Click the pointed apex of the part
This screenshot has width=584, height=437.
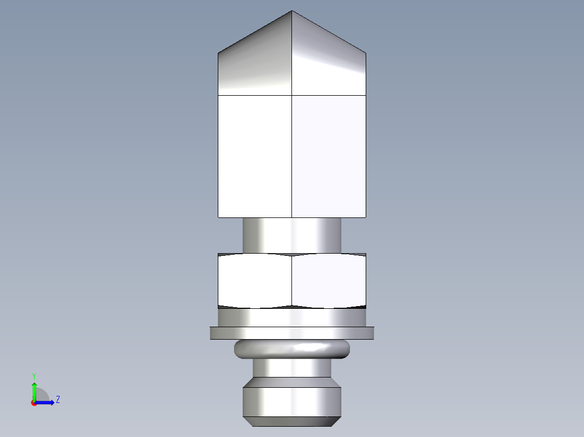[x=292, y=11]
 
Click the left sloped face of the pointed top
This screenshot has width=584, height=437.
[x=255, y=65]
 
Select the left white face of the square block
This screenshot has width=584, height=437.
[x=255, y=157]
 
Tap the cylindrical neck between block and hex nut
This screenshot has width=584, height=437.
[x=292, y=235]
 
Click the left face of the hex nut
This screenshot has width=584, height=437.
[x=255, y=280]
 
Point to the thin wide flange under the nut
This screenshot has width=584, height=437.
[x=292, y=333]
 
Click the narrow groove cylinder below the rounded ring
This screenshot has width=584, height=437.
[x=292, y=368]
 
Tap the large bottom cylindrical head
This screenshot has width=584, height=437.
[x=292, y=400]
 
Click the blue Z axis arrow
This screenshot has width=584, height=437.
[x=47, y=402]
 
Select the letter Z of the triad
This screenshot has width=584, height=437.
[x=57, y=400]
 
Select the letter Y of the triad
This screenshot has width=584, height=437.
[x=34, y=376]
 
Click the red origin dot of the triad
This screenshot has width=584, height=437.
[x=34, y=403]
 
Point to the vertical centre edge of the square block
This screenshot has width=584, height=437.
[x=292, y=157]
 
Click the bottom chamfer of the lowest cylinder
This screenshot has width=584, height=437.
[x=292, y=421]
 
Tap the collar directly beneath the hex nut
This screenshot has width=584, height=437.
[x=292, y=317]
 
